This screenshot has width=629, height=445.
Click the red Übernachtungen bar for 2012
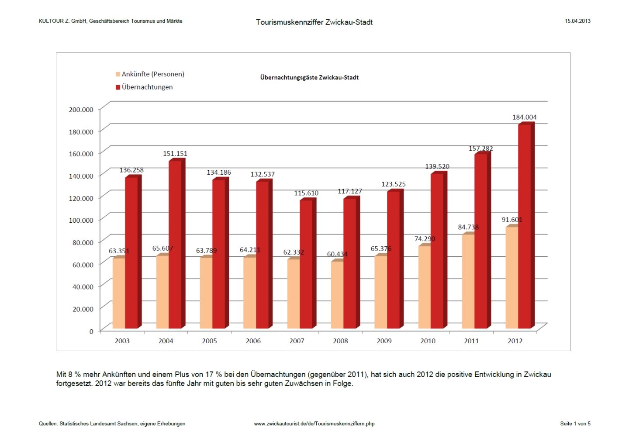pos(524,227)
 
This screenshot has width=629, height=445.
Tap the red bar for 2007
pos(306,264)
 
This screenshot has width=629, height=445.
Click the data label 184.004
pos(524,117)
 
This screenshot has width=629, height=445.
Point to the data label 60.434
pos(337,254)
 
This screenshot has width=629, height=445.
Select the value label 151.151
pos(175,154)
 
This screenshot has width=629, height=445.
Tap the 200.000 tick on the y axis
pos(81,110)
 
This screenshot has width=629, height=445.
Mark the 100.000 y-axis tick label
pos(81,220)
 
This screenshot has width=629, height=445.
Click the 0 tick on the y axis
pos(91,331)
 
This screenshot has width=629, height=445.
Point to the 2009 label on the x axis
pos(384,341)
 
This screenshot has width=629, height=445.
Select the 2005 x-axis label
pos(209,341)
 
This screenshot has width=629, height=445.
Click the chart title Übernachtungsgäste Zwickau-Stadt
pos(309,78)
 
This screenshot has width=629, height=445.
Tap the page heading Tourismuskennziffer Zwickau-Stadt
pos(314,22)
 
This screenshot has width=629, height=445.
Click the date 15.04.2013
pos(577,21)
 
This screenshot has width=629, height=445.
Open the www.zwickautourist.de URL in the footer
pos(314,424)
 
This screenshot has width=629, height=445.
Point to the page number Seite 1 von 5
pos(575,424)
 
